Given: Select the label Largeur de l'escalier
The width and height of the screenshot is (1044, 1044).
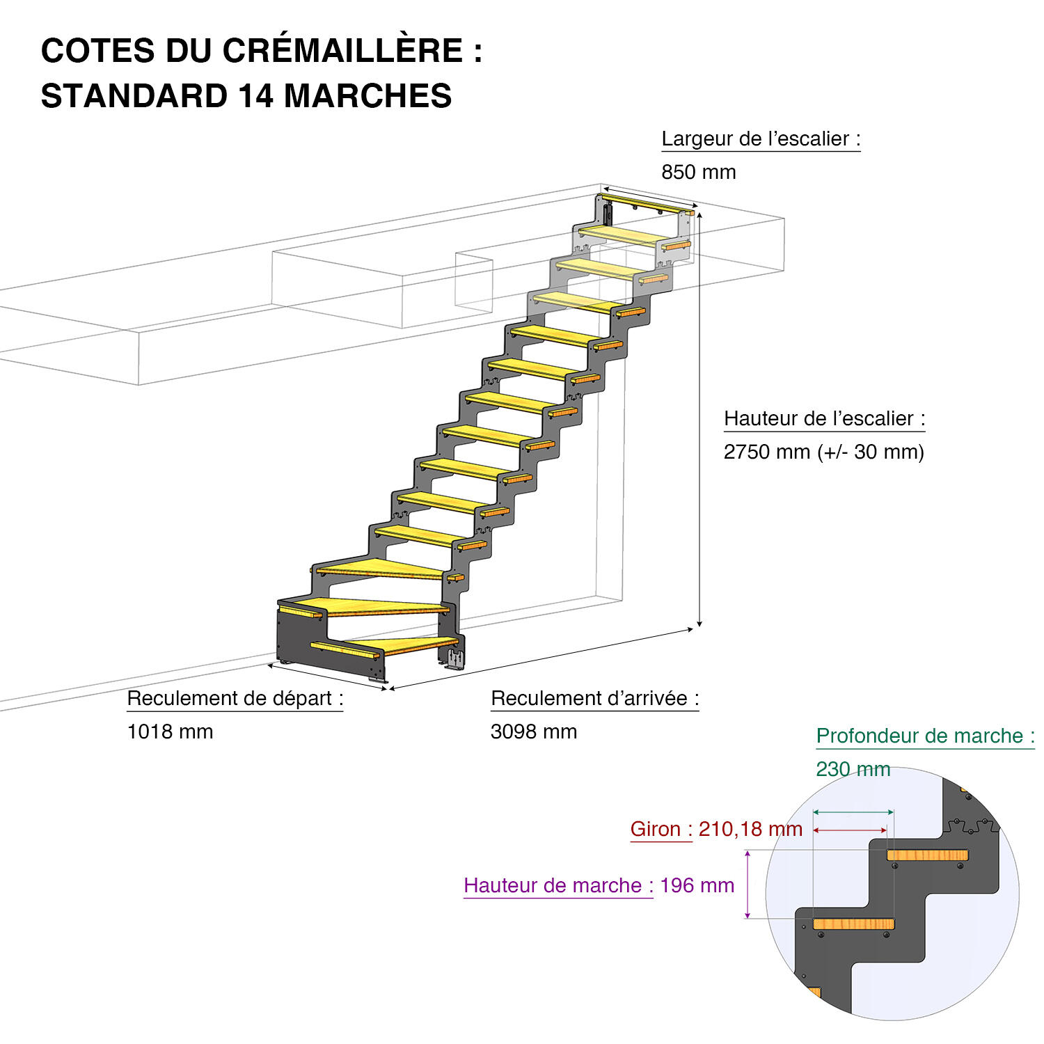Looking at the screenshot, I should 760,139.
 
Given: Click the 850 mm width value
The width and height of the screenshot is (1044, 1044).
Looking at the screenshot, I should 698,172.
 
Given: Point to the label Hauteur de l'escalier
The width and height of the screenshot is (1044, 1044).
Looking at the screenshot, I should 824,418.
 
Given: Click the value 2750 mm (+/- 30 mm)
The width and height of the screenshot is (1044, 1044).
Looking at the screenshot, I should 823,452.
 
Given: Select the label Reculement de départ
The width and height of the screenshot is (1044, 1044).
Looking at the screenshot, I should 235,698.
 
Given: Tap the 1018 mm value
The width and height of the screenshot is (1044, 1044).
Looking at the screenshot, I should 170,731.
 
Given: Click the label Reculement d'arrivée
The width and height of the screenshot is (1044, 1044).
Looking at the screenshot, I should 594,698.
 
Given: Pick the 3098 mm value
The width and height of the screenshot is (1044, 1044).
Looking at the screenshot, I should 533,731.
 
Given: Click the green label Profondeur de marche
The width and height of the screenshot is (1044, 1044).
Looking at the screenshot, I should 924,736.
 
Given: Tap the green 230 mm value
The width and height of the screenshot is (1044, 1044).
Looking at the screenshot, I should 853,769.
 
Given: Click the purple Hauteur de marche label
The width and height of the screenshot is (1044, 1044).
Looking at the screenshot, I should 558,885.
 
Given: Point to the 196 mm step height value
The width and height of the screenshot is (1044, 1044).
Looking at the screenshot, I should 697,885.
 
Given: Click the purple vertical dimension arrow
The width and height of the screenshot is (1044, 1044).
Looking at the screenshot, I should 748,884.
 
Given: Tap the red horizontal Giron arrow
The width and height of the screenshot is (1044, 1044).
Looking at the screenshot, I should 850,830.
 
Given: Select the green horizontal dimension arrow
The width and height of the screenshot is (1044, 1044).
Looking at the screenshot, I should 853,812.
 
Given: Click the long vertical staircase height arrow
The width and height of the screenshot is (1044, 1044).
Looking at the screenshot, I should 699,418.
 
